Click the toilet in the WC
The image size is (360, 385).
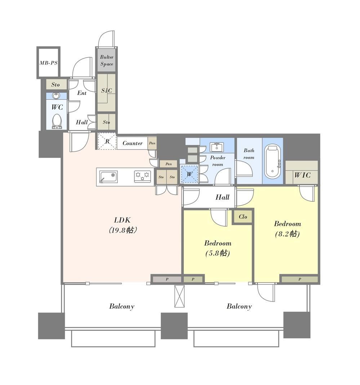[x=57, y=121]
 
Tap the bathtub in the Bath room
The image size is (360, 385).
[x=272, y=162]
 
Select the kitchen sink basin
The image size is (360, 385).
[x=108, y=177]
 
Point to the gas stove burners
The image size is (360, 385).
[x=142, y=176]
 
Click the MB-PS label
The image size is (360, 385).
[x=48, y=63]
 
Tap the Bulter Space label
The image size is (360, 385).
[x=107, y=60]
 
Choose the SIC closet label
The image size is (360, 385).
[x=107, y=91]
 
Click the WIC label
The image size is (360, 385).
[x=302, y=175]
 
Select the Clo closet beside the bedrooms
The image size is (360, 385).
[x=243, y=216]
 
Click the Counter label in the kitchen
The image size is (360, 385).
[x=132, y=143]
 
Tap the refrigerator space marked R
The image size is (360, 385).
[x=107, y=141]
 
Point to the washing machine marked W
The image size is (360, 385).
[x=189, y=174]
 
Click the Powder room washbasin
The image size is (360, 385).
[x=217, y=147]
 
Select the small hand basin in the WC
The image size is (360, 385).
[x=57, y=96]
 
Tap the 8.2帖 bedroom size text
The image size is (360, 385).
[x=287, y=234]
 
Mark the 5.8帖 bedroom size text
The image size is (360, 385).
[x=218, y=253]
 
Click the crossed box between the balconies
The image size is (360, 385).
[x=179, y=296]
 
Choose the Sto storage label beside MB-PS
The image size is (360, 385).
[x=55, y=85]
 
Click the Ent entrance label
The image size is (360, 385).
[x=82, y=93]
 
